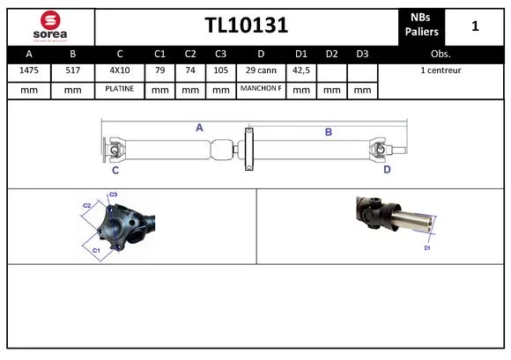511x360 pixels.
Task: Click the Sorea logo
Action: [x=50, y=26]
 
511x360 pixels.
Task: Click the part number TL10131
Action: [x=247, y=25]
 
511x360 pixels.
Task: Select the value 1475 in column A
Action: [x=29, y=70]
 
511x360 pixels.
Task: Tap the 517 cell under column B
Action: [x=72, y=70]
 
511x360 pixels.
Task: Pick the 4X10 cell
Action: [x=120, y=70]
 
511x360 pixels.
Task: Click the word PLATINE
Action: [x=120, y=89]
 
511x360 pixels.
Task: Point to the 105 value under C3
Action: [x=220, y=70]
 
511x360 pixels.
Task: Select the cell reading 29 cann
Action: [x=261, y=70]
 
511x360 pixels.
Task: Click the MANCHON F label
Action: [x=261, y=88]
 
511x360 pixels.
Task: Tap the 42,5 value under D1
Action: [x=301, y=70]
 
